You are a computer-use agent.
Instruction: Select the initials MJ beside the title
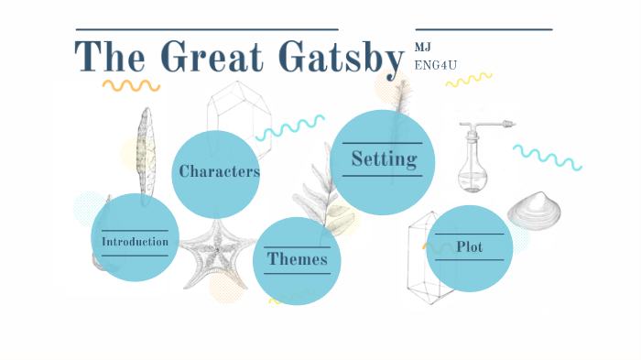point(422,47)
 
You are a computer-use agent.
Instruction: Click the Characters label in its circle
point(219,171)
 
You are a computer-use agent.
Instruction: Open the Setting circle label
point(384,159)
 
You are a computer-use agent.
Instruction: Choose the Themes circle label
point(297,259)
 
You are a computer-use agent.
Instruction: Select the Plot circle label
point(469,246)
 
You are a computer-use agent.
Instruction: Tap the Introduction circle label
point(135,242)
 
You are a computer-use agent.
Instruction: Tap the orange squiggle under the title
point(131,85)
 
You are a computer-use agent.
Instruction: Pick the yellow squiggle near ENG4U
point(468,80)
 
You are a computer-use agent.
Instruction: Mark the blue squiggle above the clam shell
point(547,157)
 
